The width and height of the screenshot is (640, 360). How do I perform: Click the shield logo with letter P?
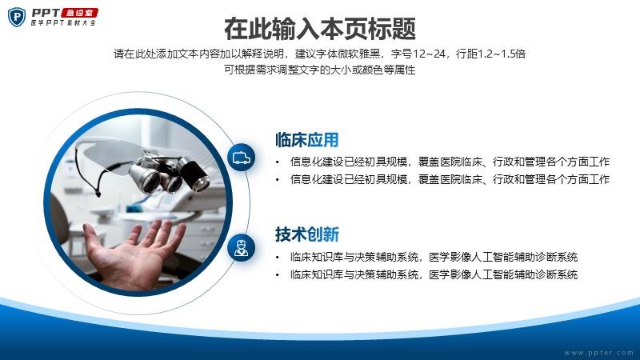pos(17,17)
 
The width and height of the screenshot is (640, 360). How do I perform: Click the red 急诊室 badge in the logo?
pos(80,13)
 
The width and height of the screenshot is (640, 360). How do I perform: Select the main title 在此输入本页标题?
pos(320,29)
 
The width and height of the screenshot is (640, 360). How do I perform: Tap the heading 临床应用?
pos(307,139)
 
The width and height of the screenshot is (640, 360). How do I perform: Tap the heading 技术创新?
pos(307,234)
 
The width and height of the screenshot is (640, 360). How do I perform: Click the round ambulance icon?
pos(242,158)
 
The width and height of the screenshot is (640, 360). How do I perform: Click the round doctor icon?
pos(242,248)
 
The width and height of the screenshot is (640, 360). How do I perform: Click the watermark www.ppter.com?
pos(598,352)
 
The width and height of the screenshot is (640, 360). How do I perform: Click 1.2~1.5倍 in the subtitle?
pos(502,54)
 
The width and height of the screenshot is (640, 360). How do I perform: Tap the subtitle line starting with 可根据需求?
pos(319,70)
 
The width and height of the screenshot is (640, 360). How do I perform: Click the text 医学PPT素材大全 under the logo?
pos(64,23)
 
